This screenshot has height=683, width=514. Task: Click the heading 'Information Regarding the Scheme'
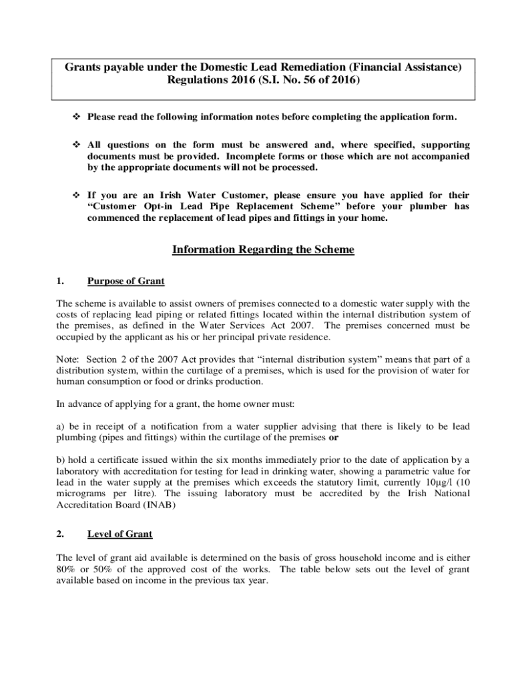[x=263, y=249]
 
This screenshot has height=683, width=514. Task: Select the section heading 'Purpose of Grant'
[x=125, y=281]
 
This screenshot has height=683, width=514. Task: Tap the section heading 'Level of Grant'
[x=119, y=534]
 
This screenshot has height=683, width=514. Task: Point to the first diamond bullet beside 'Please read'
[x=75, y=117]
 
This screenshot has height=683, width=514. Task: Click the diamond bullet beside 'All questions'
[x=75, y=145]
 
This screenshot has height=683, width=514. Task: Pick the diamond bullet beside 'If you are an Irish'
[x=75, y=195]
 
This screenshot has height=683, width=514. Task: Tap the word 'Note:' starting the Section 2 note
[x=68, y=359]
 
